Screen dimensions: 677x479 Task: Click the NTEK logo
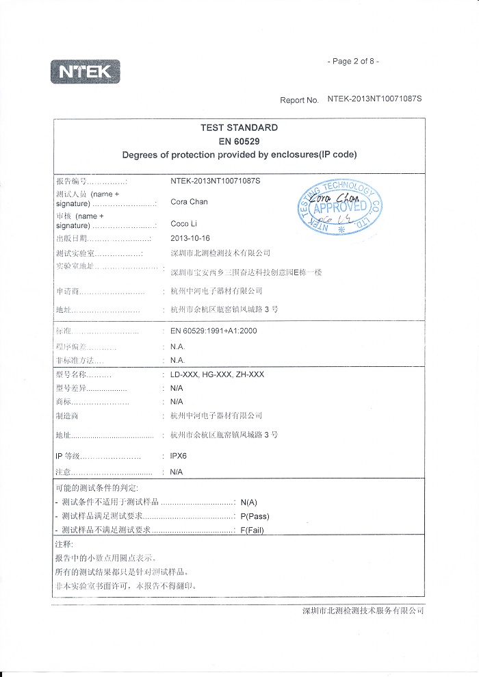coord(85,71)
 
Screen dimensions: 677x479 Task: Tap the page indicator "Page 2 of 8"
coord(354,62)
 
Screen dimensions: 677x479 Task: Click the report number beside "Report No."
coord(374,99)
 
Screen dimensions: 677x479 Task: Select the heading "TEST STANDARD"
coord(239,127)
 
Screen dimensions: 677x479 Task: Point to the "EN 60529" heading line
coord(239,141)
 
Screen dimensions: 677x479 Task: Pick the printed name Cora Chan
coord(189,202)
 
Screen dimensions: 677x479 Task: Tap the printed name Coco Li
coord(183,224)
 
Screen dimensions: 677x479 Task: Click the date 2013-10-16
coord(190,239)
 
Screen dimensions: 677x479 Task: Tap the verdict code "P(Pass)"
coord(255,516)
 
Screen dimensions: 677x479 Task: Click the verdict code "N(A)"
coord(249,502)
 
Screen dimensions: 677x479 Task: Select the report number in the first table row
coord(216,181)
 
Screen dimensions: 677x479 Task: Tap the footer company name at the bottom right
coord(363,610)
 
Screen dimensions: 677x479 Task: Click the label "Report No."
coord(299,100)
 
